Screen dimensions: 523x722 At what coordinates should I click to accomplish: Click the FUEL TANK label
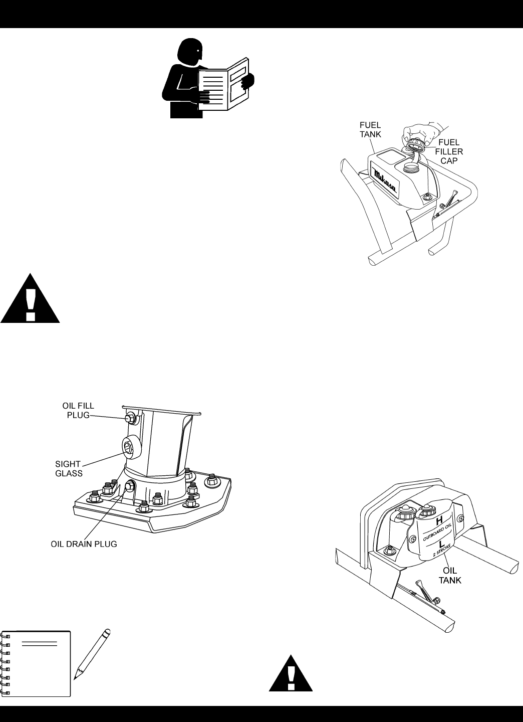coord(370,129)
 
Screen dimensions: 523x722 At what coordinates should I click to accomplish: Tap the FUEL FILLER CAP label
coord(449,151)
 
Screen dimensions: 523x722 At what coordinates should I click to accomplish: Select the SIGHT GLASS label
coord(68,469)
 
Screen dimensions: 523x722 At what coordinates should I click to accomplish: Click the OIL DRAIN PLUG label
coord(84,544)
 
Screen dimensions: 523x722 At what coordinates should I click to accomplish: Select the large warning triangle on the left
coord(30,300)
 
